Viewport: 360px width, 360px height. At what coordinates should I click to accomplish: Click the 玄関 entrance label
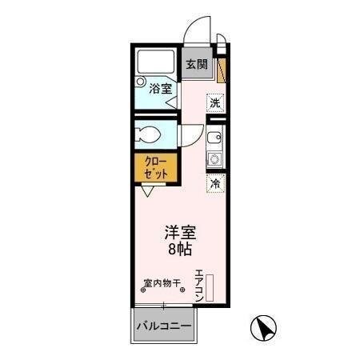click(197, 65)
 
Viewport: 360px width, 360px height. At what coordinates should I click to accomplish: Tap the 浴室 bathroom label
click(160, 89)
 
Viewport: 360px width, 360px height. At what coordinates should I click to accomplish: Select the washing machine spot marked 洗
click(214, 102)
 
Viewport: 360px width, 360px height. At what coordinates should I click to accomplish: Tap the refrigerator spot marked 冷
click(214, 183)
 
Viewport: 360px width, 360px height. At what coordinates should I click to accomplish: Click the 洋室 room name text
click(181, 233)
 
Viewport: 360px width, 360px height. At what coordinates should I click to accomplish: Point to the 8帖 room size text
click(181, 250)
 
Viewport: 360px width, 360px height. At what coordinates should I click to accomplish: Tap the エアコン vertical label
click(199, 285)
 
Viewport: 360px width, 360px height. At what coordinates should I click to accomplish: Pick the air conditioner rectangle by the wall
click(210, 287)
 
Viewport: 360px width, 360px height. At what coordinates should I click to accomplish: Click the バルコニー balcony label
click(163, 326)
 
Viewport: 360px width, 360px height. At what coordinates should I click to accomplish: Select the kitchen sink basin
click(214, 138)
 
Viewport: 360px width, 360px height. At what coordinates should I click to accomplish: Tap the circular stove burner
click(214, 159)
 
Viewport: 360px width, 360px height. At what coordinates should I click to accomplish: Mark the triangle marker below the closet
click(148, 191)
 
